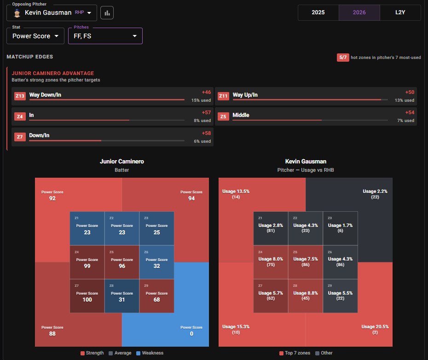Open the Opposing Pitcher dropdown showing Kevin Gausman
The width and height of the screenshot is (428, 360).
pyautogui.click(x=52, y=13)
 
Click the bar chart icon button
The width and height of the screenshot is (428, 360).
pyautogui.click(x=107, y=13)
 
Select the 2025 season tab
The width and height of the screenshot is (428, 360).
pyautogui.click(x=318, y=12)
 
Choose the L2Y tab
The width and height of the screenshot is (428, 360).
pyautogui.click(x=400, y=12)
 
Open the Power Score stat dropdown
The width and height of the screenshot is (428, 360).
pyautogui.click(x=35, y=36)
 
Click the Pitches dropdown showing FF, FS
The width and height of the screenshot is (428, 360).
pyautogui.click(x=105, y=36)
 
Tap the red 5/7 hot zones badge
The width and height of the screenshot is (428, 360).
pyautogui.click(x=343, y=58)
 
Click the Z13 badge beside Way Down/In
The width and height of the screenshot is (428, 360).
pyautogui.click(x=20, y=96)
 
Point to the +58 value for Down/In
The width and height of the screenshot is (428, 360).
pyautogui.click(x=206, y=134)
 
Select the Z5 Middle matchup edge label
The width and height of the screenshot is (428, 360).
pyautogui.click(x=241, y=115)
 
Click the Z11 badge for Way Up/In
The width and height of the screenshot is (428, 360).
pyautogui.click(x=223, y=96)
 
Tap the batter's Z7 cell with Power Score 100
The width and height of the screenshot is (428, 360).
pyautogui.click(x=87, y=296)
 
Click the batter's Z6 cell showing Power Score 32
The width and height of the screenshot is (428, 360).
pyautogui.click(x=156, y=262)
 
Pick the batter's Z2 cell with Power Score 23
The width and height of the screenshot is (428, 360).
pyautogui.click(x=122, y=228)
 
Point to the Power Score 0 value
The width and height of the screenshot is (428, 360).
pyautogui.click(x=191, y=334)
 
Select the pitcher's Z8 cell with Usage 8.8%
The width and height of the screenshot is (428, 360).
pyautogui.click(x=306, y=296)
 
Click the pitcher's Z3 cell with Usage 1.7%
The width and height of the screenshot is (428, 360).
pyautogui.click(x=341, y=228)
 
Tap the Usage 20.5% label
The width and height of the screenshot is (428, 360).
pyautogui.click(x=375, y=327)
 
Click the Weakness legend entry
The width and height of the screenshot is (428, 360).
pyautogui.click(x=150, y=353)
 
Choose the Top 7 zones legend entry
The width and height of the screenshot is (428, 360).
pyautogui.click(x=295, y=353)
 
